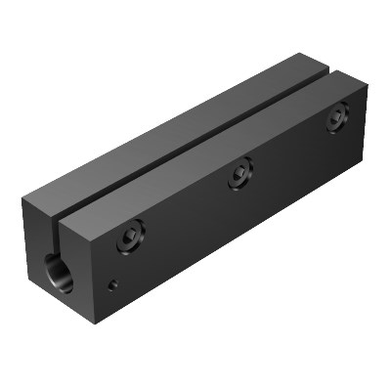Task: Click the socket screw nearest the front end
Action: (x=131, y=235)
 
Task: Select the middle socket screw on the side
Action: (x=241, y=176)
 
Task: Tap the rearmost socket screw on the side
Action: (x=338, y=117)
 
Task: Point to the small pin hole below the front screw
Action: (x=113, y=285)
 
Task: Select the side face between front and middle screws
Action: (x=186, y=225)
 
